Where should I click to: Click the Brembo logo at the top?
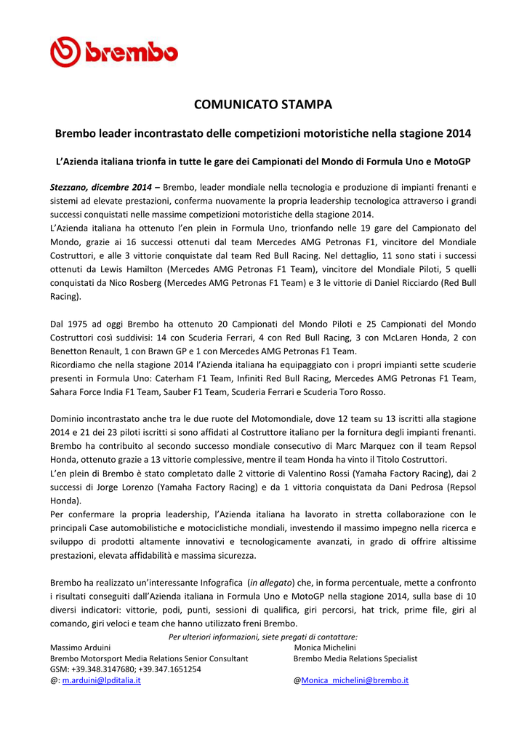(x=113, y=52)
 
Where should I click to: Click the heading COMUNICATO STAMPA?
(x=263, y=105)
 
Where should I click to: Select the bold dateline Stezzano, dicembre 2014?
(x=101, y=187)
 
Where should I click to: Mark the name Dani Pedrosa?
(x=394, y=487)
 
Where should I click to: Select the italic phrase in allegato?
(x=271, y=583)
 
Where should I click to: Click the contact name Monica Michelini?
(x=324, y=647)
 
